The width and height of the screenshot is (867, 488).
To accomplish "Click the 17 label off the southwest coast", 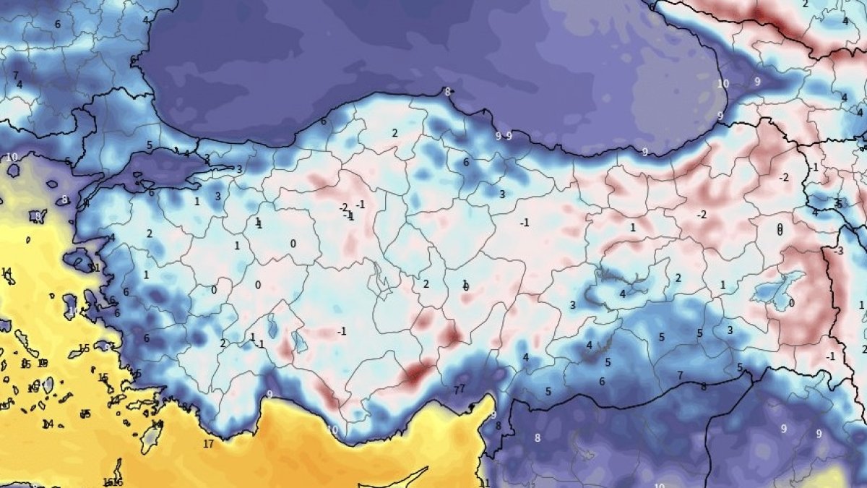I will pos(208,444).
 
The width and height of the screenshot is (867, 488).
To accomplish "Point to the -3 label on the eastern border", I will pos(838,252).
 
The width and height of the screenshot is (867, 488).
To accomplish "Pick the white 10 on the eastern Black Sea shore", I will pos(722,84).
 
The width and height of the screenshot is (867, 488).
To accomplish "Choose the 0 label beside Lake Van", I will pos(791,303).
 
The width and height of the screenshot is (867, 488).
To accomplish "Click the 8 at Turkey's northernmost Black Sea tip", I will pos(447,92).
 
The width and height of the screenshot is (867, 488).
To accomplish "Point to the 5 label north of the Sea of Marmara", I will pos(150,145).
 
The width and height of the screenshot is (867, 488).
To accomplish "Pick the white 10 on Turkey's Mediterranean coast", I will pos(332,429).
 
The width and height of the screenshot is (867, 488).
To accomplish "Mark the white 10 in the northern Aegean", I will pos(12,157).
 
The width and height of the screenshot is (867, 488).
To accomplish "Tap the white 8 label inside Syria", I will pos(537,437).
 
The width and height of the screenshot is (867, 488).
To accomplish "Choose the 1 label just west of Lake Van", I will pos(722,286).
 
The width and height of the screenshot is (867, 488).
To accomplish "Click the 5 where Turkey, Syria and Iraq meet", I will pos(739,368).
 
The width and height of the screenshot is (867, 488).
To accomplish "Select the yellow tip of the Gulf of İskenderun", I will pos(489,402).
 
